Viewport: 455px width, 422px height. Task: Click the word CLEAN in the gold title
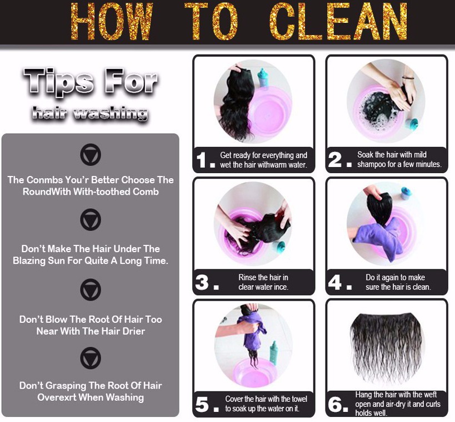pos(339,21)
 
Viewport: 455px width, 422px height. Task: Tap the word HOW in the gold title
pos(112,21)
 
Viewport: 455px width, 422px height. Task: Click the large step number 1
pos(201,160)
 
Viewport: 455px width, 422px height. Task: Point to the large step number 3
pos(202,282)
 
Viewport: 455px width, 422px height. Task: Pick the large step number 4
pos(335,282)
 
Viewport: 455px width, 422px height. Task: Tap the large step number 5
pos(202,404)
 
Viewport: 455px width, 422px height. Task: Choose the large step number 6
pos(335,404)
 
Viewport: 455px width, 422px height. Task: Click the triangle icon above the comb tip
pos(91,154)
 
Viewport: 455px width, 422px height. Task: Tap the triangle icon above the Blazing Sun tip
pos(91,219)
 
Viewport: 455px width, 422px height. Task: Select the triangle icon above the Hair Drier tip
pos(91,290)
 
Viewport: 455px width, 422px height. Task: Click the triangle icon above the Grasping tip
pos(91,358)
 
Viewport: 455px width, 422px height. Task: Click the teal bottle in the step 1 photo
pos(263,77)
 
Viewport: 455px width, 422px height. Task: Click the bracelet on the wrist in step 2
pos(408,77)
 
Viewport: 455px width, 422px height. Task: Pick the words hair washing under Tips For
pos(90,113)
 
